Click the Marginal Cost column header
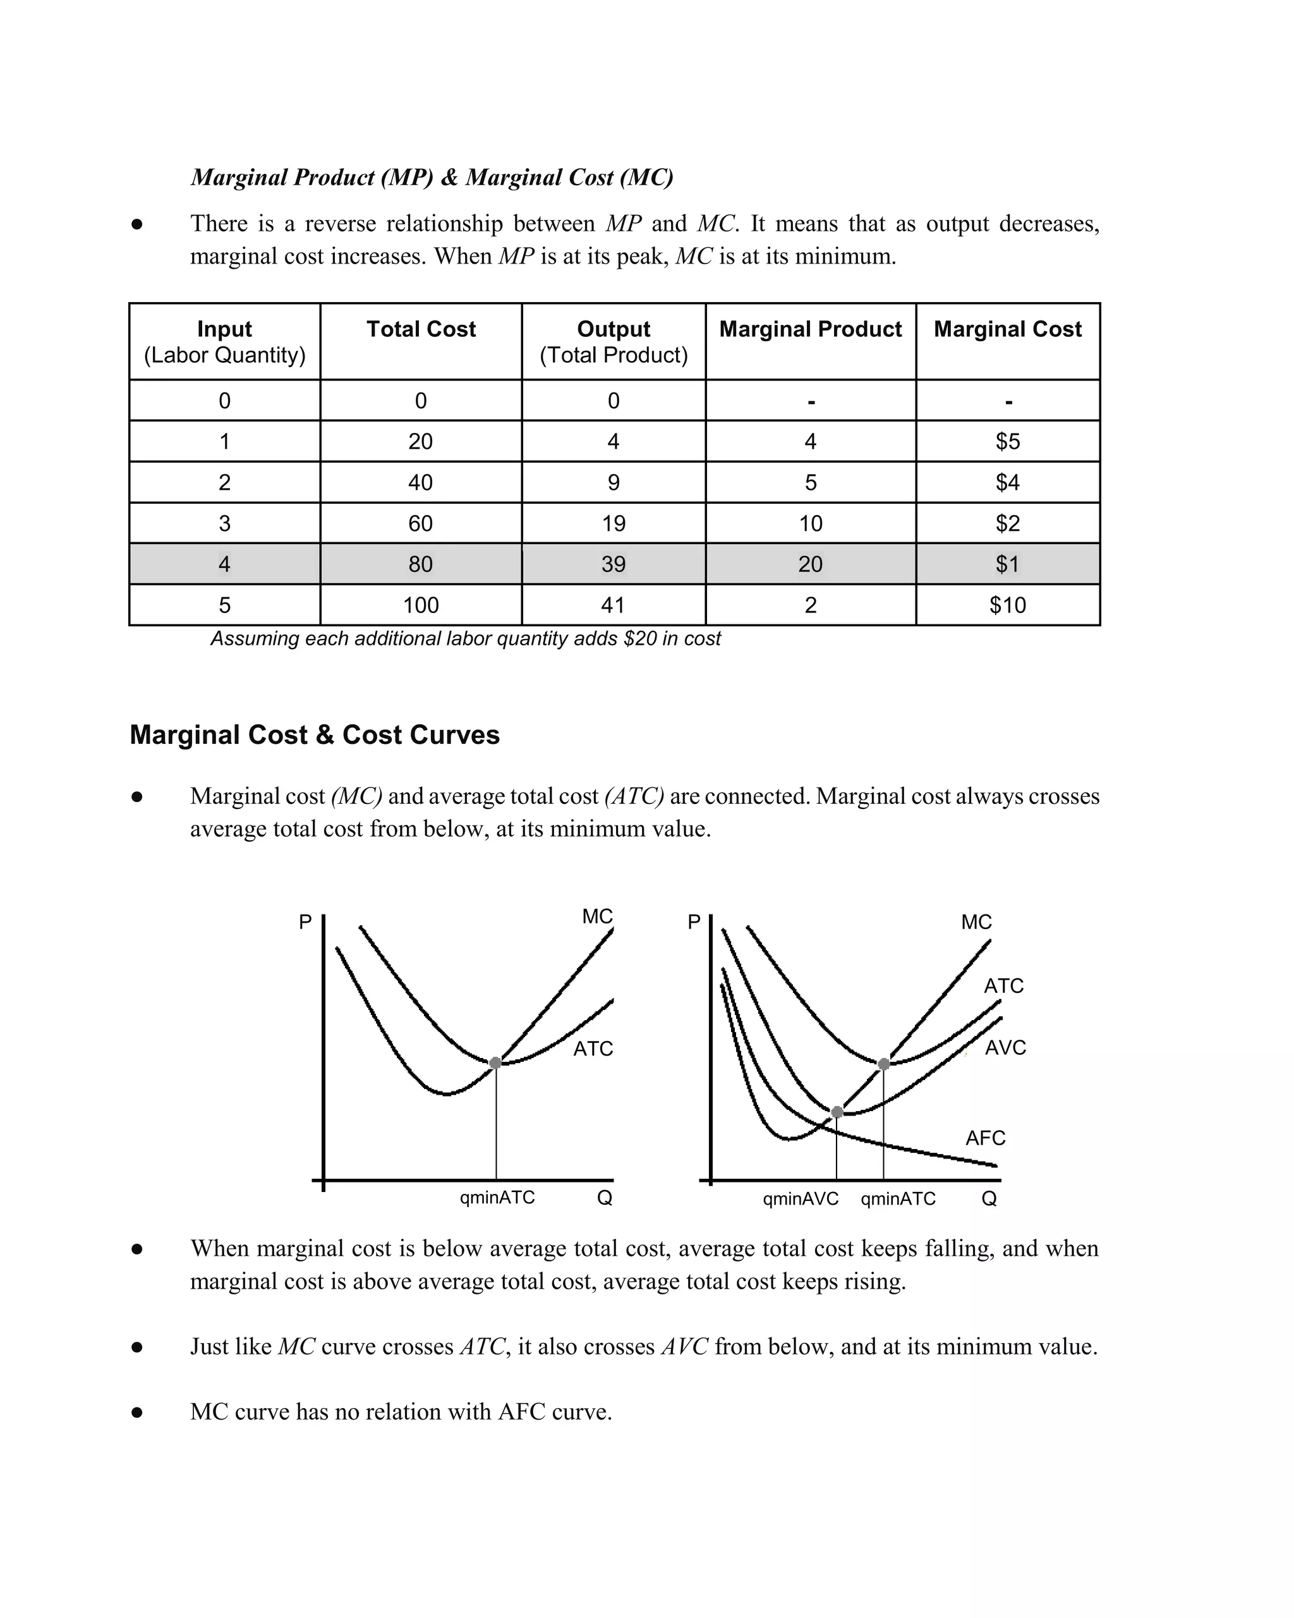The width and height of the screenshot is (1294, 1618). (x=1007, y=329)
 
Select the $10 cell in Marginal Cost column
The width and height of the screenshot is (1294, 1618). (x=1007, y=605)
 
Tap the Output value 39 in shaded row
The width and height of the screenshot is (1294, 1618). (x=613, y=564)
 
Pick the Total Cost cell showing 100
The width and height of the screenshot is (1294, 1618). (x=420, y=605)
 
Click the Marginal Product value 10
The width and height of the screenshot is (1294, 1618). (x=810, y=523)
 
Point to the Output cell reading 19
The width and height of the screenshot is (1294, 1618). (x=613, y=523)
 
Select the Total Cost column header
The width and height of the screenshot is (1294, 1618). (x=421, y=329)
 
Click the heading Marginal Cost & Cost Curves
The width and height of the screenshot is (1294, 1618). (x=314, y=734)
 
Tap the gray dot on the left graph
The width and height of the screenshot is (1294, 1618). (x=495, y=1062)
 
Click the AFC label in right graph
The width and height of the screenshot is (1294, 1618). (x=985, y=1138)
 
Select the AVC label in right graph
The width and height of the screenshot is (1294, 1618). (x=1005, y=1048)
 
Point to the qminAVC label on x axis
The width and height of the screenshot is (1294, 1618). (x=801, y=1199)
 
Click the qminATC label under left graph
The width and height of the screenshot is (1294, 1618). (x=497, y=1198)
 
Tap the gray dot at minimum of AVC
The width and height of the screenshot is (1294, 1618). (x=837, y=1112)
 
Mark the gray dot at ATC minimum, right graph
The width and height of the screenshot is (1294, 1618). (x=884, y=1064)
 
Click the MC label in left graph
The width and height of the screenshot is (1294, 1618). (x=597, y=916)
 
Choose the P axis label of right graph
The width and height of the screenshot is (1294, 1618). (x=694, y=922)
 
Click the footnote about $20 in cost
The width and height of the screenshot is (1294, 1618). (x=465, y=638)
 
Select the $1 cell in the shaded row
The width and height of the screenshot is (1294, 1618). (x=1007, y=564)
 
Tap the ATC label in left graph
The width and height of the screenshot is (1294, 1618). (x=593, y=1049)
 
